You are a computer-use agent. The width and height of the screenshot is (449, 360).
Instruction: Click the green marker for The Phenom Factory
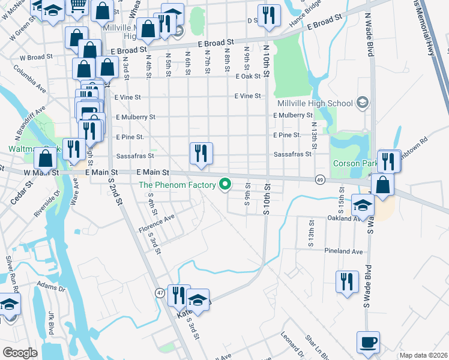pos(226,184)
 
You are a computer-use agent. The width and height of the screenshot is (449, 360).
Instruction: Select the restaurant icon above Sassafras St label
pos(201,153)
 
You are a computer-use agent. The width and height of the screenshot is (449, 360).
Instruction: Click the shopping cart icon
pos(77,6)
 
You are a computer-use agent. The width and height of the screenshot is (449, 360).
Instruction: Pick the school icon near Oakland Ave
pos(362,205)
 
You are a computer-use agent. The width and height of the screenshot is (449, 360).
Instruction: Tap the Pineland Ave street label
pos(344,251)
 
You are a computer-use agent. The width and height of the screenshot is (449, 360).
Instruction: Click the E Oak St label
pos(248,76)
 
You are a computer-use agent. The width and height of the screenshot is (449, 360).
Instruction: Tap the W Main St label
pos(41,172)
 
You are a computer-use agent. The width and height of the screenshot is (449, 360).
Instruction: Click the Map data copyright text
pos(423,355)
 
